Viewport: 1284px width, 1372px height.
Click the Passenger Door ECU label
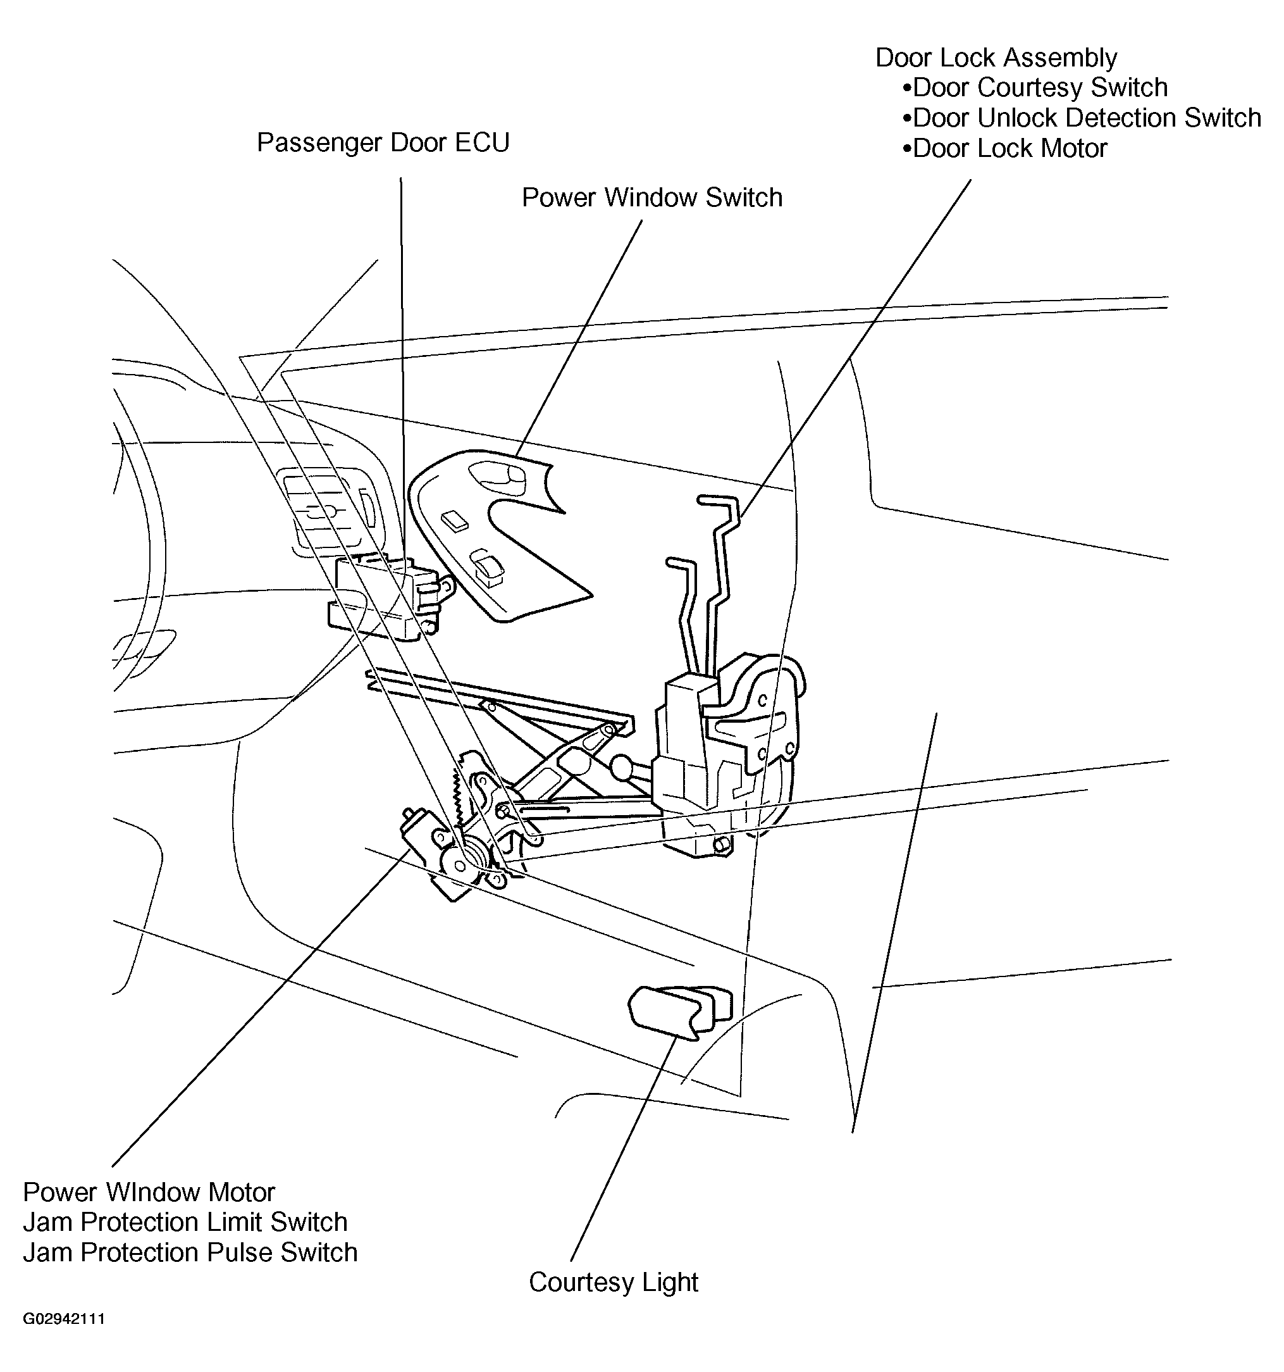(383, 143)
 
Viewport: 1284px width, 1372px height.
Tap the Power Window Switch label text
(651, 198)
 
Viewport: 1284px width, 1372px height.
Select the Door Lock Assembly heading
(996, 58)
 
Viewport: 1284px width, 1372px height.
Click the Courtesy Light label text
(614, 1282)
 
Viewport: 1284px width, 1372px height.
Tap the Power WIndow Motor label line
(149, 1192)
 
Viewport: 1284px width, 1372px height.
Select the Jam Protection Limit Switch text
(185, 1222)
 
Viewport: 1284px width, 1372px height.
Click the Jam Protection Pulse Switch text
(190, 1252)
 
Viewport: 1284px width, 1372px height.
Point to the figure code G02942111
(63, 1319)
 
